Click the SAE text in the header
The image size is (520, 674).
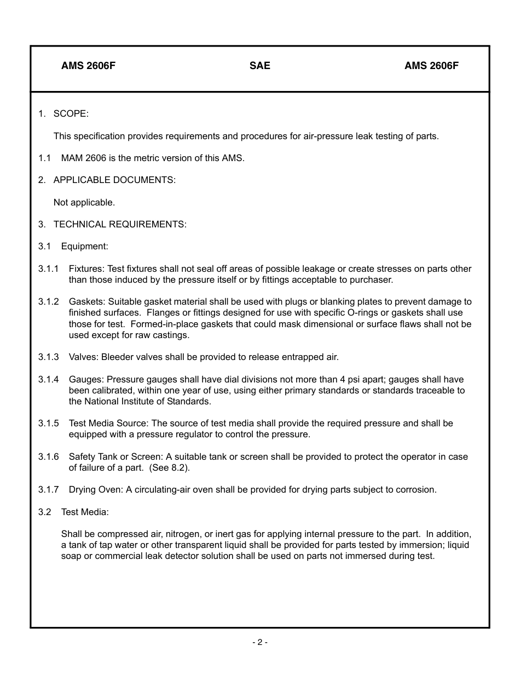tap(259, 66)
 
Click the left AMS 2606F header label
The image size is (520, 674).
tap(88, 66)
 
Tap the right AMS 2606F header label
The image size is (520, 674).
tap(431, 66)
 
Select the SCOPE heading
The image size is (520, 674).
tap(71, 114)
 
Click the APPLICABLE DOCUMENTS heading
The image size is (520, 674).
tap(114, 180)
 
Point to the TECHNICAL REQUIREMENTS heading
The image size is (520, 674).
tap(120, 225)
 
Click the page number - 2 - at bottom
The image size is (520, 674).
tap(260, 642)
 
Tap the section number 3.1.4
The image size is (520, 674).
tap(48, 380)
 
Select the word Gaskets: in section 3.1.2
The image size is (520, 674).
tap(87, 302)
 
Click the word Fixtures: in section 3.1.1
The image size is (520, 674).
tap(86, 269)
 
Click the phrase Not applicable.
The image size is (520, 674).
tap(84, 203)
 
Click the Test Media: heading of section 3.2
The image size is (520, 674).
tap(85, 512)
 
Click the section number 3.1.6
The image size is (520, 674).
tap(48, 457)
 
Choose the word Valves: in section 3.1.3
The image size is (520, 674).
tap(84, 357)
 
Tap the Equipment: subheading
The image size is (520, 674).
tap(84, 247)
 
